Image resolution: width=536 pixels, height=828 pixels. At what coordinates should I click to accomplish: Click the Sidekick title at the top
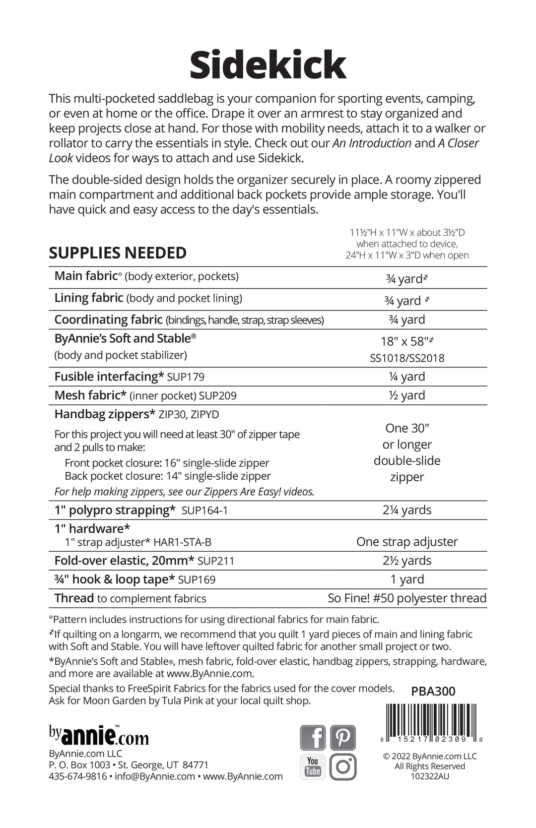coord(268,65)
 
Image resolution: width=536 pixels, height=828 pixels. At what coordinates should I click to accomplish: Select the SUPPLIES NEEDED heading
coord(118,253)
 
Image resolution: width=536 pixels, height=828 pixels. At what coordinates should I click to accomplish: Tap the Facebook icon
coord(313,737)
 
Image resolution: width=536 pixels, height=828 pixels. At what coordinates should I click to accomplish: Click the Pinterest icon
coord(343,737)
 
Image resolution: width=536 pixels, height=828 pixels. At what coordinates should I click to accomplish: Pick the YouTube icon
coord(313,766)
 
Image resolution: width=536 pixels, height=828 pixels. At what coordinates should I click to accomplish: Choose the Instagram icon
coord(343,766)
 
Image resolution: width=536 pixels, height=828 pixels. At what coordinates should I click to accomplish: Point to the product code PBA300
coord(433,691)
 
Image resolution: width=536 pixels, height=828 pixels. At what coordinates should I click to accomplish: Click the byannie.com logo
coord(99,735)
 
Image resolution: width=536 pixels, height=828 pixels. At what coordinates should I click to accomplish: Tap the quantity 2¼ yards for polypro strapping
coord(407,510)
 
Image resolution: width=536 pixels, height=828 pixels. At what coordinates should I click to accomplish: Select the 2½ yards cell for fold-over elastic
coord(407,561)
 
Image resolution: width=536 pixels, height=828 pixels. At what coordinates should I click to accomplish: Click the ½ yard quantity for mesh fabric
coord(407,395)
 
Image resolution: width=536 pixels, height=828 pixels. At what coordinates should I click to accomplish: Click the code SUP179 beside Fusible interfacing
coord(186,377)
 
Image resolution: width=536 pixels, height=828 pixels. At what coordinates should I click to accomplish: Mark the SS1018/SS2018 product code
coord(407,358)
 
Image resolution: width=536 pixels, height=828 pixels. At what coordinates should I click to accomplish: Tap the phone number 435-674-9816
coord(77,776)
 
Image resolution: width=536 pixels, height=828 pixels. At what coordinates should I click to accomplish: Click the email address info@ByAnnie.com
coord(155,776)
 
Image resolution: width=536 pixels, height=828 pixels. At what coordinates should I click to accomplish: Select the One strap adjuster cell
coord(407,542)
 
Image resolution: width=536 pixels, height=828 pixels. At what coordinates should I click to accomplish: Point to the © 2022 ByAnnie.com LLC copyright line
coord(430,756)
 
